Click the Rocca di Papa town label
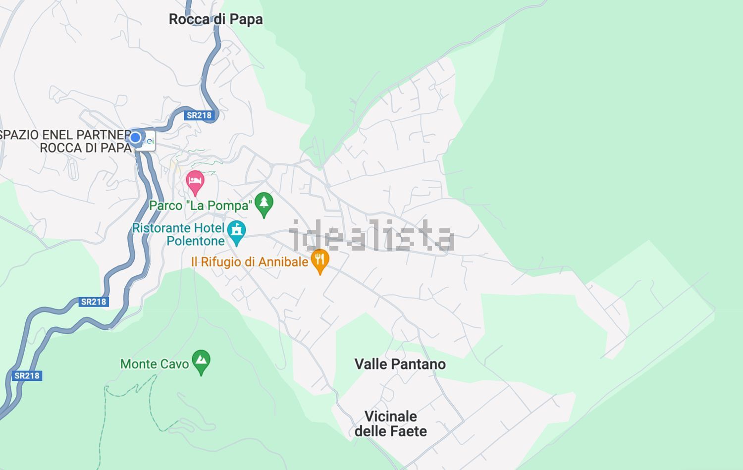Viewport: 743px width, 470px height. tap(215, 19)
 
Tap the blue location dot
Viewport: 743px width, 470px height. tap(135, 137)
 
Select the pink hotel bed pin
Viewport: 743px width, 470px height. tap(195, 182)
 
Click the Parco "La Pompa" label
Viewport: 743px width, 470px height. tap(201, 205)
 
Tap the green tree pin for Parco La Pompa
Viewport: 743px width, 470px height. tap(264, 204)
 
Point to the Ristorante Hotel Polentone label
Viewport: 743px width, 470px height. tap(178, 234)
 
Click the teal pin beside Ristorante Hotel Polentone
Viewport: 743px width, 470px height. tap(237, 232)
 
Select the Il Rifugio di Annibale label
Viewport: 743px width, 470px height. tap(250, 261)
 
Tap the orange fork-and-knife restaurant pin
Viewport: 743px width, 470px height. tap(320, 260)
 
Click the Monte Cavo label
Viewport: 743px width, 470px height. tap(155, 364)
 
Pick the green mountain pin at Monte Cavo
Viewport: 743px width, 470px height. tap(201, 361)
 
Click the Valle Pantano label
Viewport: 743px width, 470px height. tap(400, 364)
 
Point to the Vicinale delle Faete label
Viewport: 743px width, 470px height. tap(391, 423)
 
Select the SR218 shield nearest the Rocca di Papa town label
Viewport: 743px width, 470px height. tap(199, 115)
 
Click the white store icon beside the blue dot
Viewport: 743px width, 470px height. tap(148, 141)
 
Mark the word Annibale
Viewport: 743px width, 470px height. tap(284, 261)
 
